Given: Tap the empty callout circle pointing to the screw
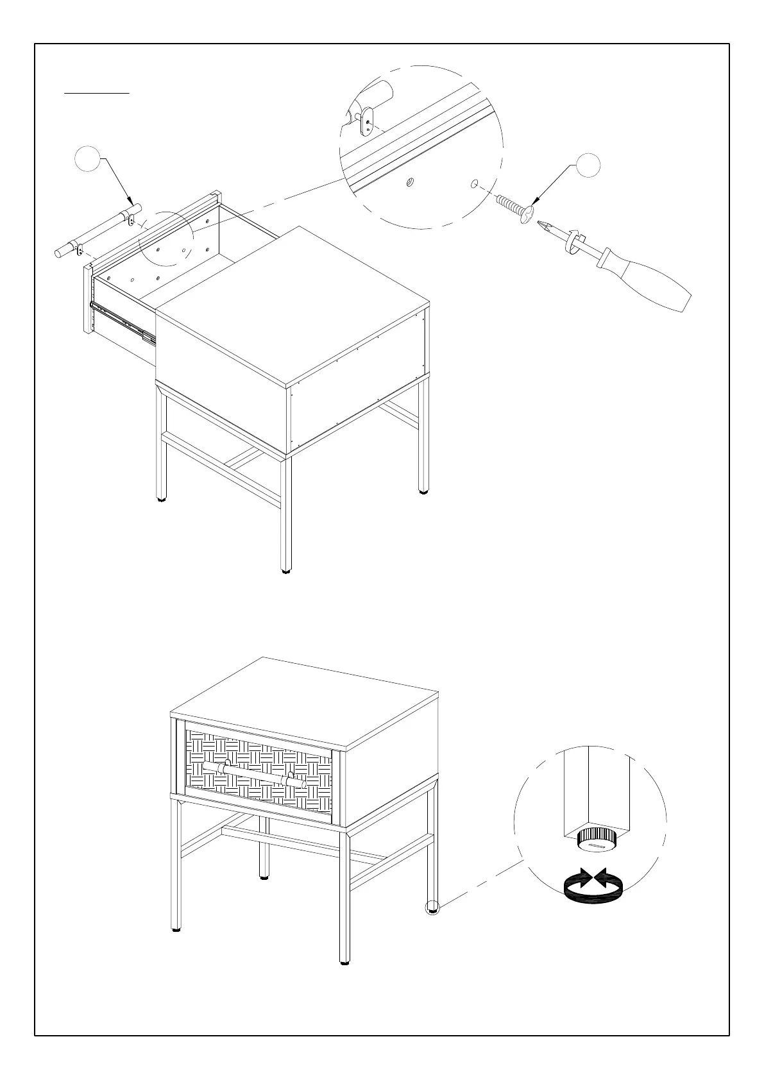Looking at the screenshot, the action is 587,165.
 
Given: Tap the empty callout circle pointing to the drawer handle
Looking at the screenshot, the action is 88,159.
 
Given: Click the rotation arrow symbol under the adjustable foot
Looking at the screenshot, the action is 593,889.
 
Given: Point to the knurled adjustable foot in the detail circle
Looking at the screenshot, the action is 597,838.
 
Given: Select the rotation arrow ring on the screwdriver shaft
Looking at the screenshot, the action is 573,240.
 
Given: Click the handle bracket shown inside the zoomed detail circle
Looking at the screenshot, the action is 366,121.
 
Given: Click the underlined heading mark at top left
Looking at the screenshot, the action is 97,93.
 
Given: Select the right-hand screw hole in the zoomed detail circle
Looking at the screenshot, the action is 473,185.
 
